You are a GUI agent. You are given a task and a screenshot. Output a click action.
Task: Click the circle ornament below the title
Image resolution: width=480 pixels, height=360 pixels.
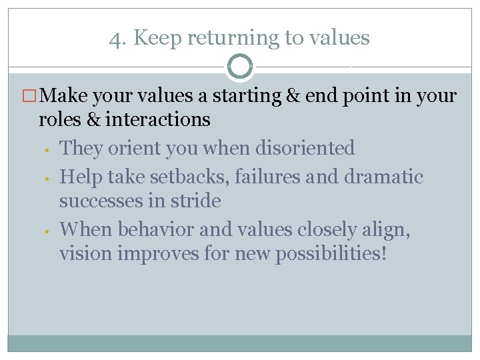coord(240,67)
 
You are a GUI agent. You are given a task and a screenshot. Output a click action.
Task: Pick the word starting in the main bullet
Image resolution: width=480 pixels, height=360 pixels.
coord(247,97)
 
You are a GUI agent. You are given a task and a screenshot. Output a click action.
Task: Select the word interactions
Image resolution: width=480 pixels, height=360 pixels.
coord(158,119)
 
